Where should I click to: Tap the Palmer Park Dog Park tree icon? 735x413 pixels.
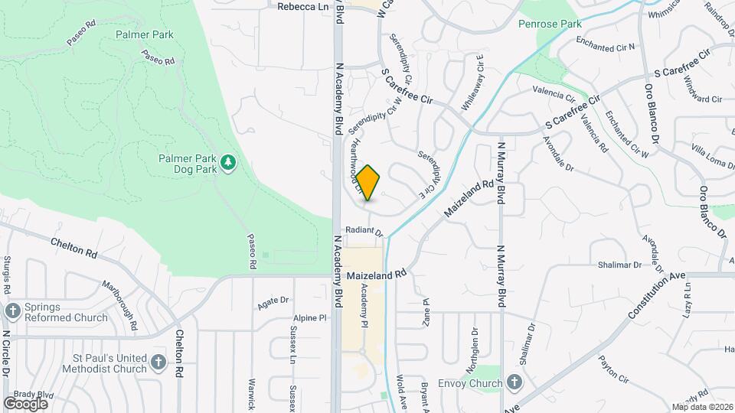click(227, 162)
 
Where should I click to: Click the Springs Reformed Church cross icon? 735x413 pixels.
click(12, 311)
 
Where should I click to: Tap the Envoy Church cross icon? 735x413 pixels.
click(514, 382)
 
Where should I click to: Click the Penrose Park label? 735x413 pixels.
click(571, 24)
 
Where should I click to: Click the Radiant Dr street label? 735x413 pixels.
click(363, 229)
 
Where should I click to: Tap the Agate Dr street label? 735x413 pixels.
click(273, 301)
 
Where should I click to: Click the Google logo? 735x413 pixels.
click(25, 404)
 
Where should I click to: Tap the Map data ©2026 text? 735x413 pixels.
click(702, 407)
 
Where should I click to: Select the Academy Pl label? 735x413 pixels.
click(364, 303)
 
